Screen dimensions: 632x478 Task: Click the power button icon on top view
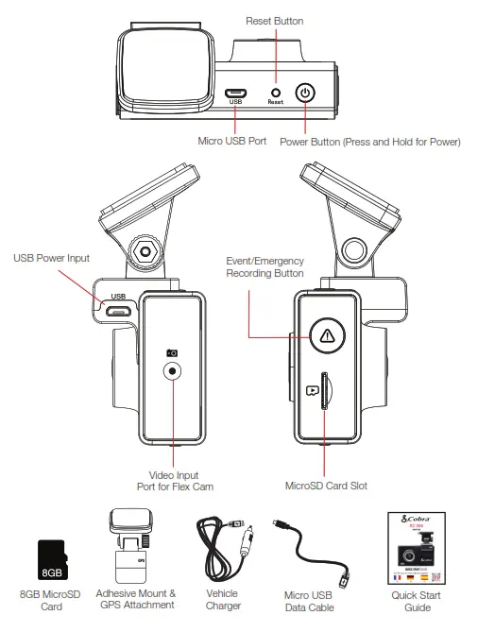pyautogui.click(x=304, y=93)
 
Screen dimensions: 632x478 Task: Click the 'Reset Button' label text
pyautogui.click(x=276, y=20)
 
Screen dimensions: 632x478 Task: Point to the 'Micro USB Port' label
pyautogui.click(x=231, y=142)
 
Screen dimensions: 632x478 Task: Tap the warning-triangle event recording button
pyautogui.click(x=326, y=334)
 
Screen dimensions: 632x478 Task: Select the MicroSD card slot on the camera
pyautogui.click(x=325, y=388)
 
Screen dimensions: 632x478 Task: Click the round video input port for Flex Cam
pyautogui.click(x=172, y=371)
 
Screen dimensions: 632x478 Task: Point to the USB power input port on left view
pyautogui.click(x=118, y=307)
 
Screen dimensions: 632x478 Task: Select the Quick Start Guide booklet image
pyautogui.click(x=416, y=547)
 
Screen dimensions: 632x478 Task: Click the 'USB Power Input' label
pyautogui.click(x=52, y=257)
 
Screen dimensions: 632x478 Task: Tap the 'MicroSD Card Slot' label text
pyautogui.click(x=326, y=486)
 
